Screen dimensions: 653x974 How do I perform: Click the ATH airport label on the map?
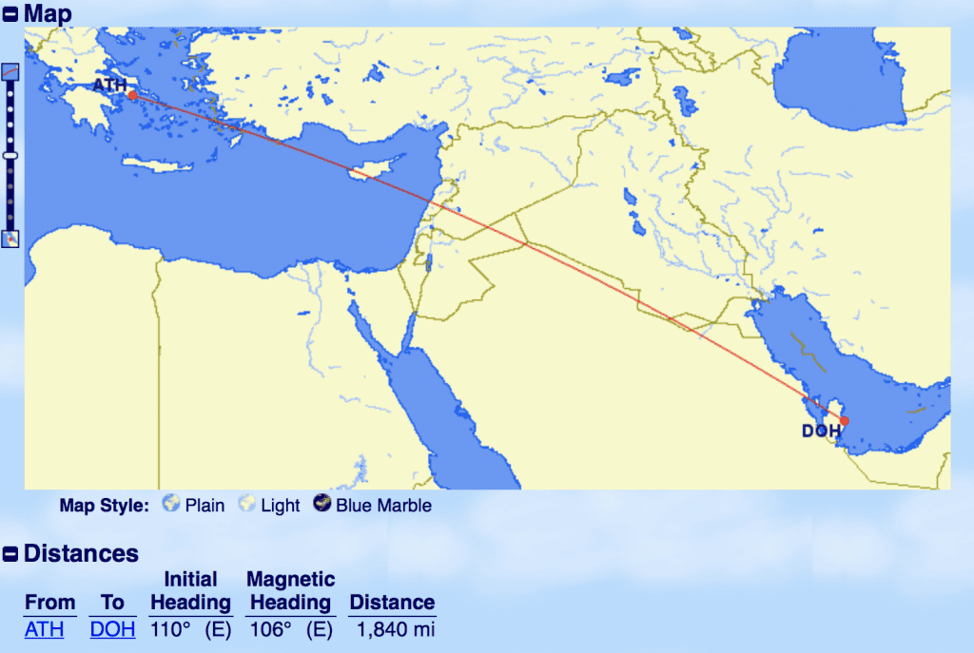click(109, 86)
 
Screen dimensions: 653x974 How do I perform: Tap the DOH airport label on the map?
click(821, 431)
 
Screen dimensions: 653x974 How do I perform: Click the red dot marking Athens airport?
click(132, 95)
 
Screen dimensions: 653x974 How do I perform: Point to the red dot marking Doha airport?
click(844, 421)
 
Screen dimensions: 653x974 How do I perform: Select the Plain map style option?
click(194, 505)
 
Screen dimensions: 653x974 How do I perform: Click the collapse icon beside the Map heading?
click(10, 14)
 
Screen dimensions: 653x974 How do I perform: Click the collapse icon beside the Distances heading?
click(10, 554)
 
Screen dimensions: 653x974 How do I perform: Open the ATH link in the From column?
click(45, 628)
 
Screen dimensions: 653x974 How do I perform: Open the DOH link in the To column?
click(112, 628)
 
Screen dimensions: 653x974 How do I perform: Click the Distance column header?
click(392, 602)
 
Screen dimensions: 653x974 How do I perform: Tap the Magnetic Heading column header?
click(290, 590)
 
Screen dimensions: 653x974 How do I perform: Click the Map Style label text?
click(104, 505)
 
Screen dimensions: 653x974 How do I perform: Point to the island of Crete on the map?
click(157, 166)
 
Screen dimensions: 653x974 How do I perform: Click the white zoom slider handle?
click(10, 154)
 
